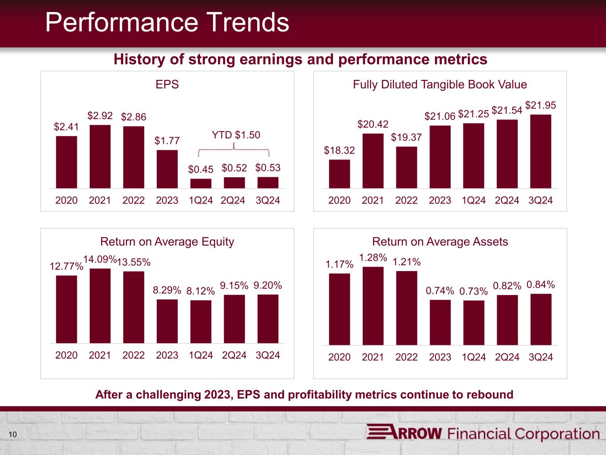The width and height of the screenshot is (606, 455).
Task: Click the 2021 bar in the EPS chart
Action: [100, 157]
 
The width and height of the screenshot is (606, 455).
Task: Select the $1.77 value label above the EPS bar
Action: [167, 140]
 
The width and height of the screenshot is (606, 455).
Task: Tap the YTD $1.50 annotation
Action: [236, 135]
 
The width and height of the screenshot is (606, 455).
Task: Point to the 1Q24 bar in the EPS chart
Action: [201, 184]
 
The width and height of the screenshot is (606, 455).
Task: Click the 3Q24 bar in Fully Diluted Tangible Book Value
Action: [541, 152]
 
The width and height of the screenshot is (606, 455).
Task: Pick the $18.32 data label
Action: [339, 150]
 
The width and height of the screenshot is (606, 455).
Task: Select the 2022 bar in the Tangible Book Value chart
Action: [406, 168]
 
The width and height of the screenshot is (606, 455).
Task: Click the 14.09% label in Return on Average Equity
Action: [100, 259]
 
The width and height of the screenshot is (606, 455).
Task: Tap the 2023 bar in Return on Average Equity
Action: [167, 321]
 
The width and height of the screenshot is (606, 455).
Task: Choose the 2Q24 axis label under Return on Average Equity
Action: [234, 355]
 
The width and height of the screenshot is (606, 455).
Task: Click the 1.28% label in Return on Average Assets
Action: [373, 257]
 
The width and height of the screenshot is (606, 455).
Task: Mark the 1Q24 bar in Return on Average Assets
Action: [474, 323]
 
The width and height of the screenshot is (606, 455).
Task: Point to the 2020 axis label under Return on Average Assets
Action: [339, 357]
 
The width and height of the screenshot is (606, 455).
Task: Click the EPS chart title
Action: [167, 84]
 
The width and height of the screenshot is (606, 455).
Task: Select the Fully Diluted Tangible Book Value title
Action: [440, 84]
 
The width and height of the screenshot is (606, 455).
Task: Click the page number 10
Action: [13, 435]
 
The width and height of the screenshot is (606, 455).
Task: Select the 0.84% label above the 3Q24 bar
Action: [541, 284]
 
